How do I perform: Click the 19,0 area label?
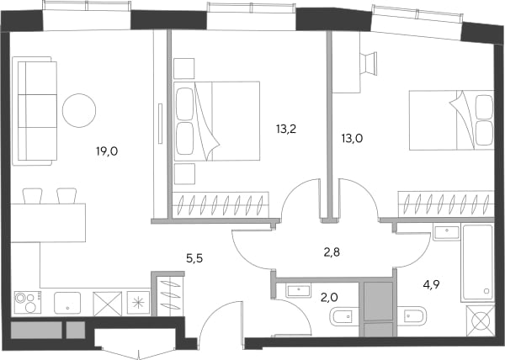coord(107,151)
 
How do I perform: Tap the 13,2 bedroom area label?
coord(286,129)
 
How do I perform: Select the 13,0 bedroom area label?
coord(352,139)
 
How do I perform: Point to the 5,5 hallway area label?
coord(194,258)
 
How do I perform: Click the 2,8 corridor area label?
coord(332,252)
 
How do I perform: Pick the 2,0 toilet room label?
coord(329,298)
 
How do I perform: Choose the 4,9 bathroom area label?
coord(432,284)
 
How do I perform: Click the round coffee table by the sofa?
coord(79,110)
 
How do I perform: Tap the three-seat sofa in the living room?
coord(35,111)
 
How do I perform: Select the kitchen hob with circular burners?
coord(28,302)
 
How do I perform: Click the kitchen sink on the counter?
coord(67,303)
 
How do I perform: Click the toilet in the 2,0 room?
coord(344,317)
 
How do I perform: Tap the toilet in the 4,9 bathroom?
coord(412,316)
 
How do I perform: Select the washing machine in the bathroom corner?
coord(481,320)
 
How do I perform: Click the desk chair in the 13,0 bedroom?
coord(369,64)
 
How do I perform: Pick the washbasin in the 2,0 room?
coord(299,290)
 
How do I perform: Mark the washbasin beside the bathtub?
coord(446,232)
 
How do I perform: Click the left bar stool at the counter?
coord(32,196)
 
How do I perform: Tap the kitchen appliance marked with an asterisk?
coord(139,302)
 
